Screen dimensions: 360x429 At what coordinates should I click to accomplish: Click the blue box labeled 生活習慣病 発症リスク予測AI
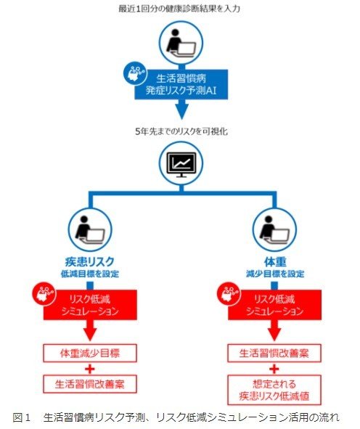coord(181,84)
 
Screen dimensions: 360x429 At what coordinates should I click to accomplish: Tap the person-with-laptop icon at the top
coord(181,44)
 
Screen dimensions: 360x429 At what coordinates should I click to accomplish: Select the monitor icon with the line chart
coord(181,163)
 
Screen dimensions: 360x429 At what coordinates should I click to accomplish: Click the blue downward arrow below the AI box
coord(181,110)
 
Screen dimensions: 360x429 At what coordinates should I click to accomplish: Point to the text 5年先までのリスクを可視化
coord(181,131)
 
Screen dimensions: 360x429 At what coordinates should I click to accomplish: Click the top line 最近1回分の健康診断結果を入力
coord(179,9)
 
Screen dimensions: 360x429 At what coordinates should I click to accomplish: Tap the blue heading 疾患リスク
coord(90,262)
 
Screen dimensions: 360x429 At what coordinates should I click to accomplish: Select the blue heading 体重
coord(275,262)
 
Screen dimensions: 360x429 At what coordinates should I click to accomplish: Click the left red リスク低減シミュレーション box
coord(90,305)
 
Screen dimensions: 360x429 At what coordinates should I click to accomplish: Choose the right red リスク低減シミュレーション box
coord(274,305)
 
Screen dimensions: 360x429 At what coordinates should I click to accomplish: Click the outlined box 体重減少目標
coord(90,354)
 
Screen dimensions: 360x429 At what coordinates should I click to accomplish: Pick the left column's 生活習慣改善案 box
coord(90,384)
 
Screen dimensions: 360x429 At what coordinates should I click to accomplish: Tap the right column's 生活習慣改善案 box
coord(274,354)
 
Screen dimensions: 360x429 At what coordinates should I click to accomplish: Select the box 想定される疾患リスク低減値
coord(274,390)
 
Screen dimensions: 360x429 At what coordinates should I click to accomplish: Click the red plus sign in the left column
coord(90,369)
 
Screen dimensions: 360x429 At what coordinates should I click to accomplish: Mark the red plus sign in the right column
coord(274,369)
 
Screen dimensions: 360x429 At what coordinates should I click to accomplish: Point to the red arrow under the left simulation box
coord(90,330)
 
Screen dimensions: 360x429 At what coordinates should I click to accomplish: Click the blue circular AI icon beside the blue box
coord(135,73)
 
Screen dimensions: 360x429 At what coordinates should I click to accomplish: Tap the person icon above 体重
coord(274,229)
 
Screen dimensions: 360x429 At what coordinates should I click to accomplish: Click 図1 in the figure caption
coord(21,417)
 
